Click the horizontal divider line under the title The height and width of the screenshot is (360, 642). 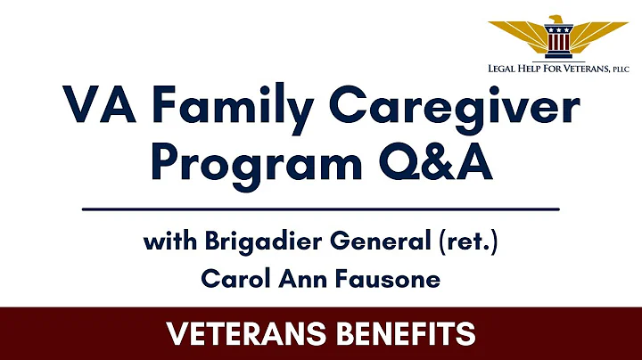pyautogui.click(x=321, y=209)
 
